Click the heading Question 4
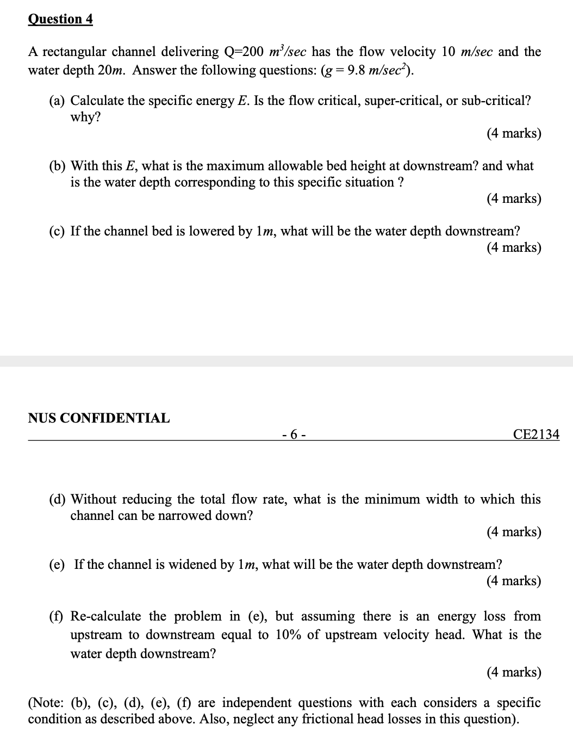[x=60, y=19]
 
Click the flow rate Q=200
[x=244, y=52]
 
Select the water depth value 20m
[x=115, y=71]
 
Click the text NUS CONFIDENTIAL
[x=99, y=418]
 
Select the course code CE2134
[x=536, y=434]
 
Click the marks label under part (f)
[x=514, y=672]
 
